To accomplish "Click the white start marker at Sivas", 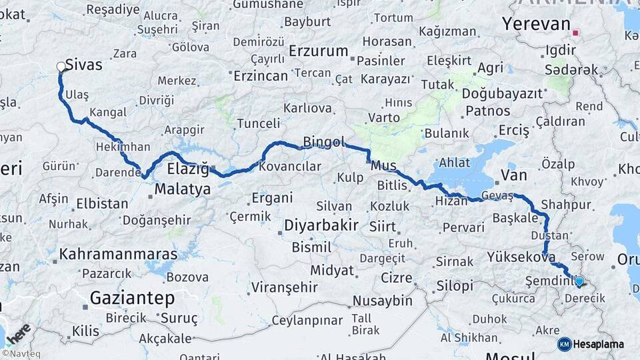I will click(x=61, y=67).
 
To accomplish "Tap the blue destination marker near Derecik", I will click(x=579, y=281).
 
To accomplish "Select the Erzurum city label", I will click(x=319, y=51).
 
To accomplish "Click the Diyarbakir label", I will click(x=321, y=225).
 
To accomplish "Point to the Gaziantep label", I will click(x=132, y=297).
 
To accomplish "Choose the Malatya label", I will click(x=183, y=189).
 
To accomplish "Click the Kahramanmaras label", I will click(x=119, y=254).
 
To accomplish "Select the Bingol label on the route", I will click(x=323, y=141).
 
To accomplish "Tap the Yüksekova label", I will click(x=521, y=256).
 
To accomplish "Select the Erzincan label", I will click(x=261, y=76).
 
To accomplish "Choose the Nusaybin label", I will click(x=383, y=301).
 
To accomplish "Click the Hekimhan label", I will click(x=123, y=147).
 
